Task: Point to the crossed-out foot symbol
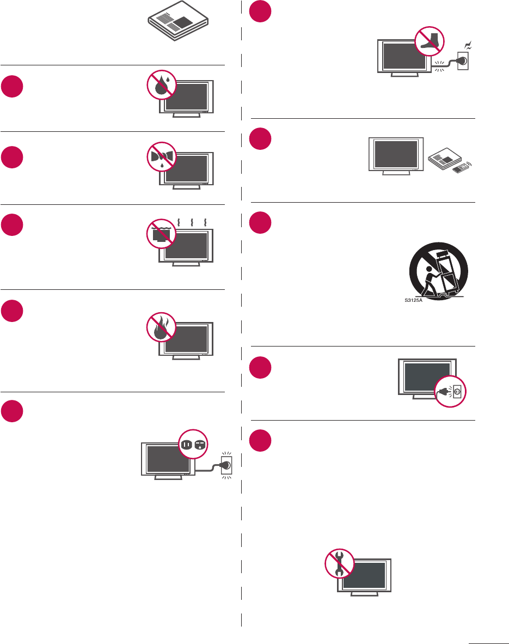(x=430, y=41)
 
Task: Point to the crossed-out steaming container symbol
(x=162, y=235)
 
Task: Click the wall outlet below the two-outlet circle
(x=225, y=465)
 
